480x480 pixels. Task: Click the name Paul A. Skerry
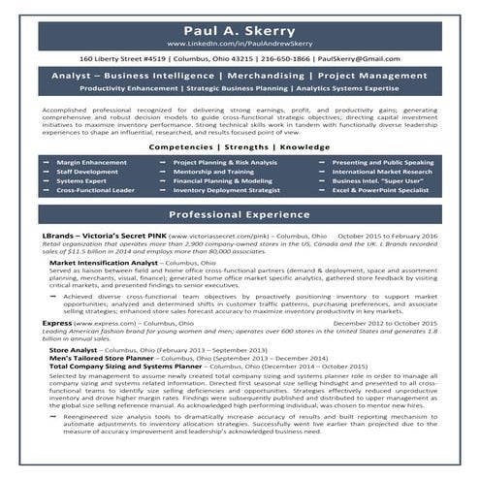pyautogui.click(x=240, y=30)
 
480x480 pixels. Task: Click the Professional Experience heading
pyautogui.click(x=240, y=213)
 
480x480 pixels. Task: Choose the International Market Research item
pyautogui.click(x=382, y=172)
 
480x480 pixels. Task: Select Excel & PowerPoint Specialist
pyautogui.click(x=379, y=190)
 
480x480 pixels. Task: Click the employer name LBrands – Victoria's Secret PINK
pyautogui.click(x=104, y=236)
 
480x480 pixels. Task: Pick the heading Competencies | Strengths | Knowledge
pyautogui.click(x=240, y=147)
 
